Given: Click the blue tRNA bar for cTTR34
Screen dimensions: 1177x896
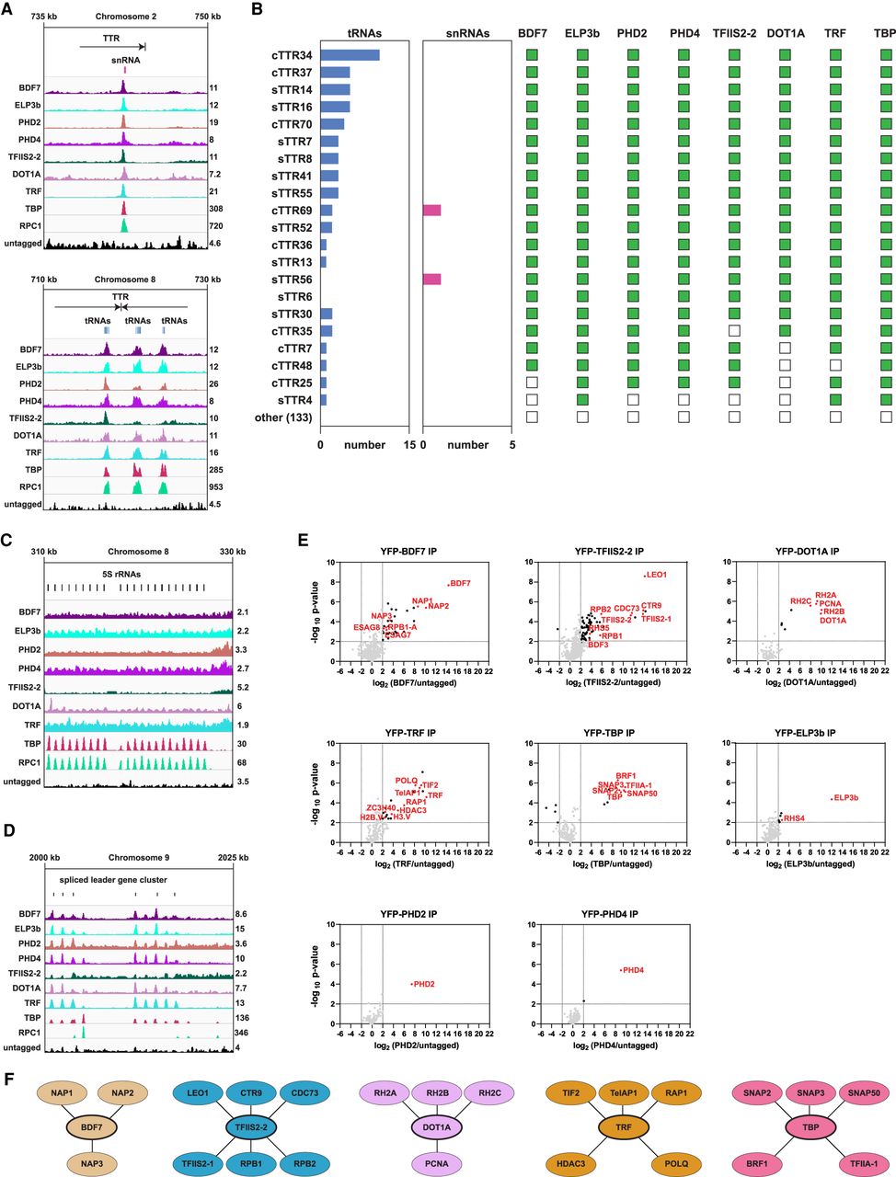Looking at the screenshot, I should (350, 55).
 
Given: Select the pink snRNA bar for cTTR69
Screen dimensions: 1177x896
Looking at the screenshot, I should (431, 211).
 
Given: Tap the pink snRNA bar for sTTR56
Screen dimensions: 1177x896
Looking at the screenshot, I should (431, 280).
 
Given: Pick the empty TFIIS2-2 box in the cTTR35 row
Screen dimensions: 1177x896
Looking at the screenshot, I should (733, 331).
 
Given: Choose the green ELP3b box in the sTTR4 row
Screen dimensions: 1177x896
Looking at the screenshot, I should (582, 400).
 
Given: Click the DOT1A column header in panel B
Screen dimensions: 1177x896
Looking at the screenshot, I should (785, 34).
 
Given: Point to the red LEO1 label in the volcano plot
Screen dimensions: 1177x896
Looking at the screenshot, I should (656, 575).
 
